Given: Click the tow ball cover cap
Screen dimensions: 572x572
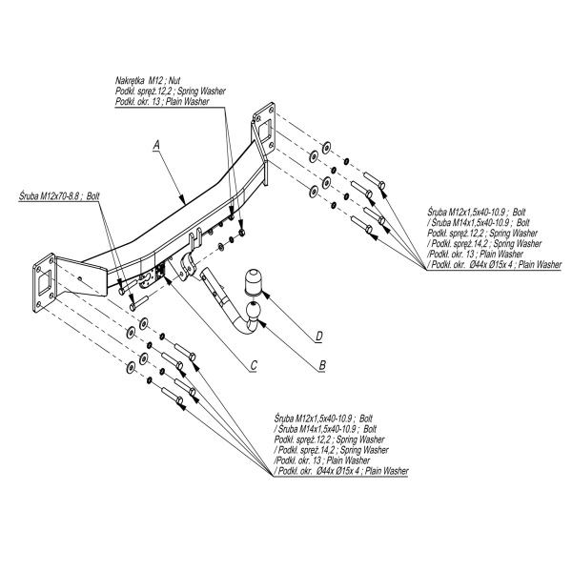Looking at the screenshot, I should pos(256,282).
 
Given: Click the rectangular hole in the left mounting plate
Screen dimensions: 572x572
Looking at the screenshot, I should pos(44,283).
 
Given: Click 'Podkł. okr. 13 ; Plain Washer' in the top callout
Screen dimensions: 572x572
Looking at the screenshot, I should pos(161,101).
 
